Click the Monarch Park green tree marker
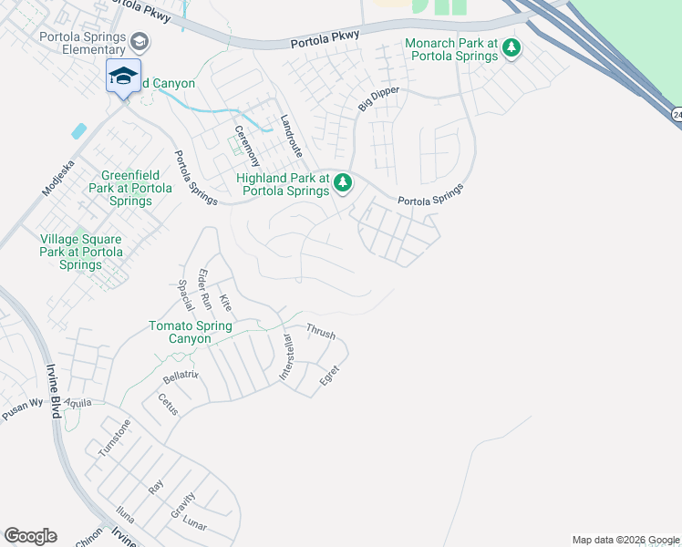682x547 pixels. (x=512, y=47)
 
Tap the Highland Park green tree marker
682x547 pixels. (x=343, y=183)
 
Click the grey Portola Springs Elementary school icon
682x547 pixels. (x=139, y=41)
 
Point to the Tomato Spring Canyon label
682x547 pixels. (x=191, y=332)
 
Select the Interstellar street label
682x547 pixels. (x=286, y=358)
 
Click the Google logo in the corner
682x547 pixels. (x=30, y=536)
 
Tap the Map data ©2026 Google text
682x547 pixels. (x=625, y=540)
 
